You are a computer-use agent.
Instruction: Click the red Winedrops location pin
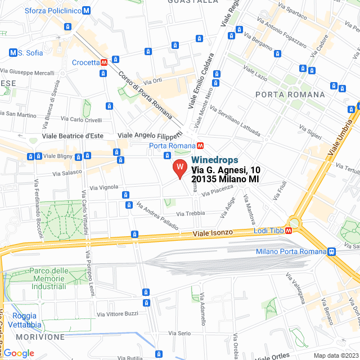[x=179, y=168]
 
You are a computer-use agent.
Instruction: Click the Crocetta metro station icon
[x=104, y=62]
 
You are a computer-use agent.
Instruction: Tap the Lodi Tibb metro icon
[x=289, y=230]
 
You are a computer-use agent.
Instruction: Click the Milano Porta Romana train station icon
[x=332, y=251]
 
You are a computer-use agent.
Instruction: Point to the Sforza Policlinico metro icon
[x=85, y=10]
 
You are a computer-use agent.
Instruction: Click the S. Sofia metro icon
[x=13, y=53]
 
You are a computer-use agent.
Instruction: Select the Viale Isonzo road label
[x=214, y=233]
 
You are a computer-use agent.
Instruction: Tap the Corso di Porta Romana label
[x=145, y=94]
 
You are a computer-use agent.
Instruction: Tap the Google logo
[x=19, y=353]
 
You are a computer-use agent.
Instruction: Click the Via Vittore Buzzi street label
[x=118, y=313]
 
